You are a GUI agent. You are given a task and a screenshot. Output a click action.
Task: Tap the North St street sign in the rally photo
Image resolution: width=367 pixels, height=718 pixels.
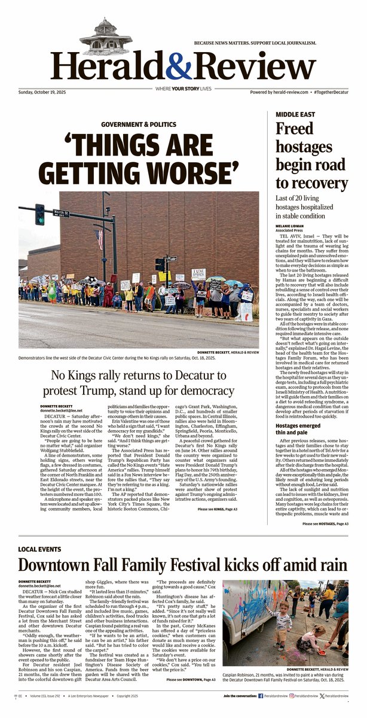pos(61,212)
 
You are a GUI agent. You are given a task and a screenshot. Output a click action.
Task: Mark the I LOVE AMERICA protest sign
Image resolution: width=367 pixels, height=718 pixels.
pos(198,273)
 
